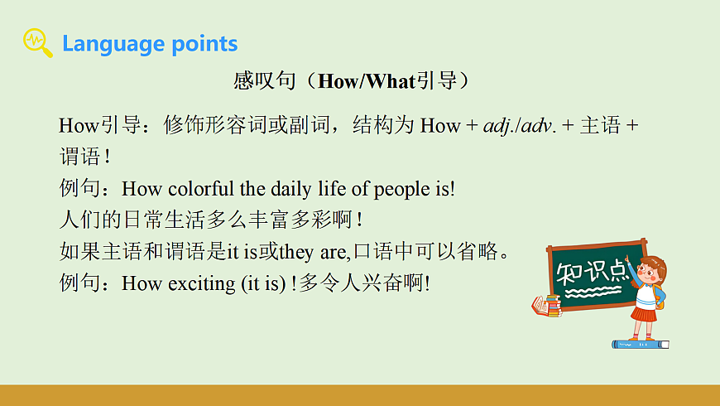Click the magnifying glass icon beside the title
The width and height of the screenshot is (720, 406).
click(37, 42)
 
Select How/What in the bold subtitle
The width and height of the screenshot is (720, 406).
click(367, 81)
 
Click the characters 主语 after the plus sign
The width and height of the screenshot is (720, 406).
click(600, 126)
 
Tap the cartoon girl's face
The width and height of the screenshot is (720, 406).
click(649, 271)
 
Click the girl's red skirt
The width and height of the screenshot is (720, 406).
click(643, 314)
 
